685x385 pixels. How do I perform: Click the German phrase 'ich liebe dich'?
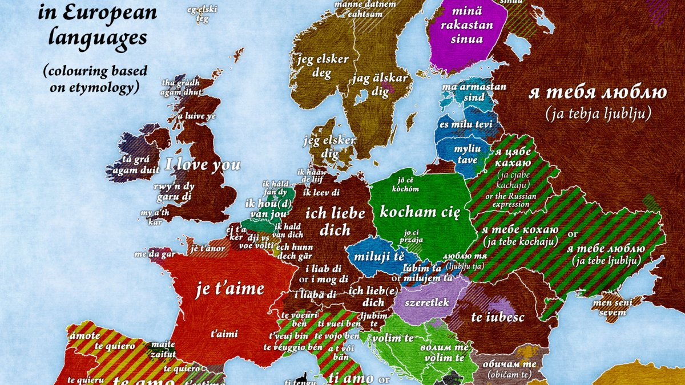tap(335, 221)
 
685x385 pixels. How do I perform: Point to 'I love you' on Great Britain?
tap(203, 165)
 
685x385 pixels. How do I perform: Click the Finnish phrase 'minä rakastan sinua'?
tap(466, 26)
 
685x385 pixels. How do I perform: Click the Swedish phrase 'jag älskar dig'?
tap(381, 84)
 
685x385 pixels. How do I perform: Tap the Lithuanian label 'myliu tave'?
tap(466, 154)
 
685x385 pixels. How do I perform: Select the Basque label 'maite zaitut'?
tap(163, 349)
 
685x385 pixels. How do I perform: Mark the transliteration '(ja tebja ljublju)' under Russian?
tap(598, 114)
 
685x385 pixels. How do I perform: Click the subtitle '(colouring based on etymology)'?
tap(94, 79)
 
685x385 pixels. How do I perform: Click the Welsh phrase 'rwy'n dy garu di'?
tap(174, 191)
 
